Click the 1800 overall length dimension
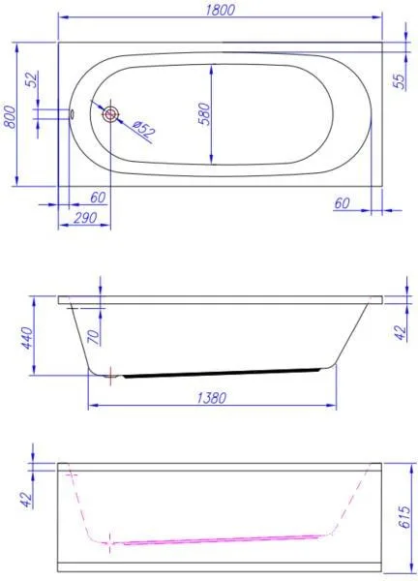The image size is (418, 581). point(220,10)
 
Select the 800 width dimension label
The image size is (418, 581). point(11,117)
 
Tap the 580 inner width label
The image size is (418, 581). point(204,114)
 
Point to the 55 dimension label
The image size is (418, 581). point(399,82)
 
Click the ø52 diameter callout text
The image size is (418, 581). point(143,130)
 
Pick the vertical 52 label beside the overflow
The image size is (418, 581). point(33,79)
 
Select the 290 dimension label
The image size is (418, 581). point(85,218)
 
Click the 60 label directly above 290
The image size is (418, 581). point(98,198)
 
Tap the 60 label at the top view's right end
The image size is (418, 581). point(342,203)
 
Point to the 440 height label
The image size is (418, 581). point(27,338)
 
